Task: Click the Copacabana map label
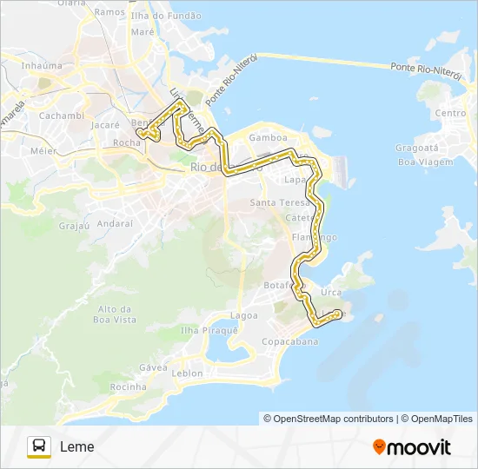tap(290, 341)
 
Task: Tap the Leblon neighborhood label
tap(187, 373)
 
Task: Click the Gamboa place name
tap(268, 137)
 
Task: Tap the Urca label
tap(331, 293)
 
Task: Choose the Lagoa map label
tap(244, 315)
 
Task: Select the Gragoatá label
tap(415, 148)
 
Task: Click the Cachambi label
tap(61, 116)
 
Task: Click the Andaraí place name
tap(115, 223)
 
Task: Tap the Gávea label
tap(153, 367)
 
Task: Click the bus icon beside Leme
tap(39, 446)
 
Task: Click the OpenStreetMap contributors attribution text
tap(329, 419)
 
